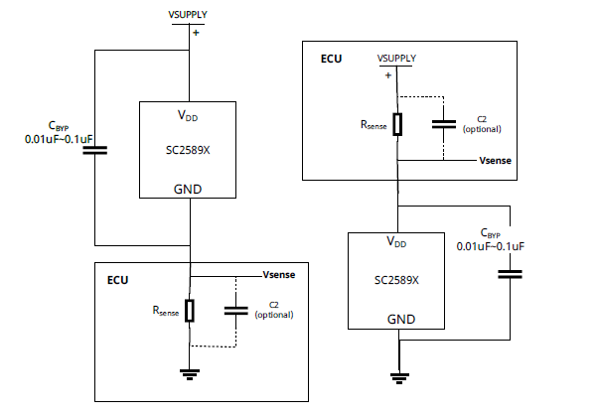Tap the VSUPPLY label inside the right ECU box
(394, 60)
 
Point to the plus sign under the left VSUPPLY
(195, 33)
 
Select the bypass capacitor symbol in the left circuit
(94, 151)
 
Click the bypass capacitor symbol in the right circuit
(510, 273)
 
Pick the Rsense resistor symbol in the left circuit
(189, 310)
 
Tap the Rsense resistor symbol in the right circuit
(397, 124)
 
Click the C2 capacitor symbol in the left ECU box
(235, 310)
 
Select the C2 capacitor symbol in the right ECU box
(444, 124)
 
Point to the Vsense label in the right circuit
(496, 160)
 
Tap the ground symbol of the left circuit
(189, 373)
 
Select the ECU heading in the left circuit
(117, 281)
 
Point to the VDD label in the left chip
(188, 116)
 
